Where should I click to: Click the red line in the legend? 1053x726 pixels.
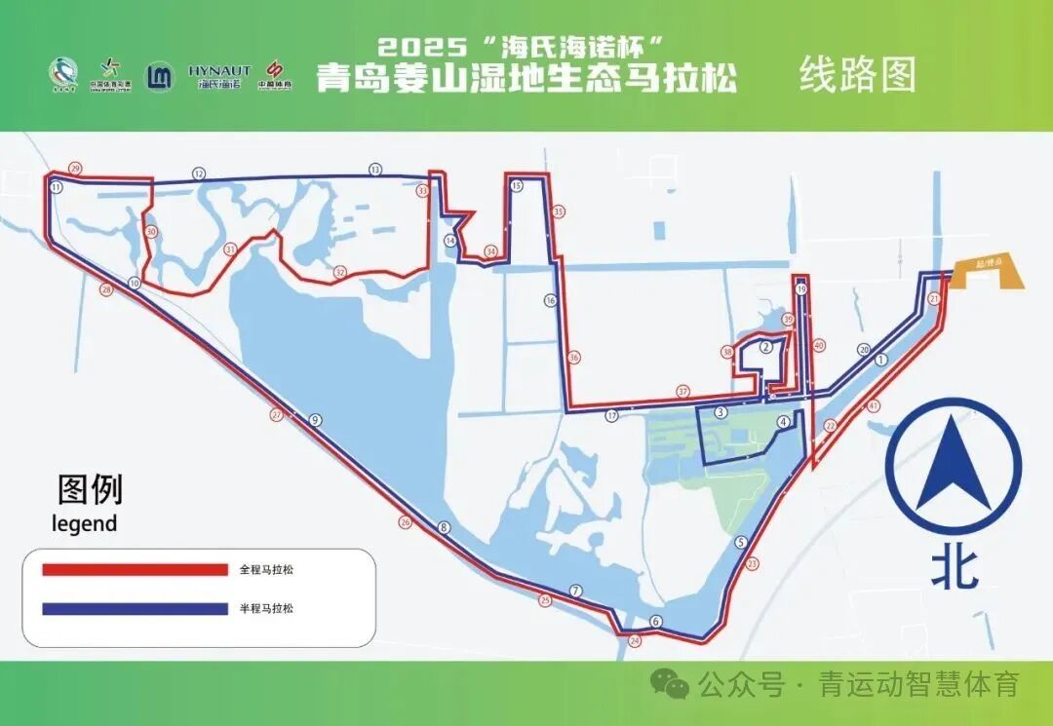tap(134, 569)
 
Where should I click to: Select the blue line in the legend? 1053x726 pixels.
tap(134, 609)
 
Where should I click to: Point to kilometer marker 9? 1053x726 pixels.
tap(315, 420)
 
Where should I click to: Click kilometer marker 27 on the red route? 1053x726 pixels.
tap(277, 415)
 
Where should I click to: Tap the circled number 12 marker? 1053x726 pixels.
tap(199, 173)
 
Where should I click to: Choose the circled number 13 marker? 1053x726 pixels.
tap(375, 170)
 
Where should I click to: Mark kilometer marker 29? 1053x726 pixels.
tap(75, 168)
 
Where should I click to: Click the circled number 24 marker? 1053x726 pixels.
tap(636, 641)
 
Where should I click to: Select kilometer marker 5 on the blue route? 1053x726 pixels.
tap(741, 543)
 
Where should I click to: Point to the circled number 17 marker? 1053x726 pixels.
tap(611, 415)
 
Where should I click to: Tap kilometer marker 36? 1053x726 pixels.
tap(574, 358)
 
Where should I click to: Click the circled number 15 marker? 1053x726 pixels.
tap(517, 185)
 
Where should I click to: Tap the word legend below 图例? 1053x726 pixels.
tap(84, 523)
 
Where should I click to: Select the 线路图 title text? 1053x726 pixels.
tap(858, 75)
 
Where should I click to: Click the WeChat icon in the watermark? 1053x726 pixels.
tap(671, 684)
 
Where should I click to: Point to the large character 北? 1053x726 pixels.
tap(954, 570)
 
